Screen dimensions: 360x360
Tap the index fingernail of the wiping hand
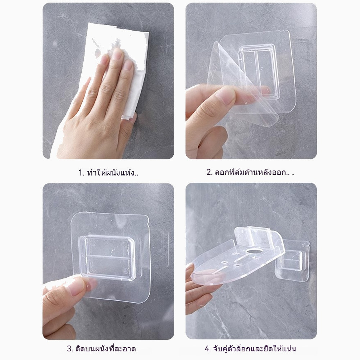(x=118, y=54)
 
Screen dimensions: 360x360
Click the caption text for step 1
(x=108, y=172)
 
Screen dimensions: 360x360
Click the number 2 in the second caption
(x=209, y=172)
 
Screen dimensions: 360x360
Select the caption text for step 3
(x=101, y=348)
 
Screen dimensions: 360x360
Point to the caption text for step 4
(x=250, y=348)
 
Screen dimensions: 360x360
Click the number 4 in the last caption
(x=207, y=349)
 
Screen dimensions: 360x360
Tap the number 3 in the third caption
(x=69, y=349)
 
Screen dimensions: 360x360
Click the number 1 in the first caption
(x=80, y=172)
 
